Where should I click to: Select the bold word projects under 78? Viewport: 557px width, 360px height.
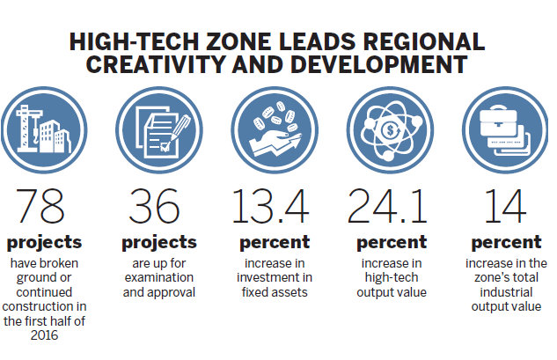click(x=43, y=242)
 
